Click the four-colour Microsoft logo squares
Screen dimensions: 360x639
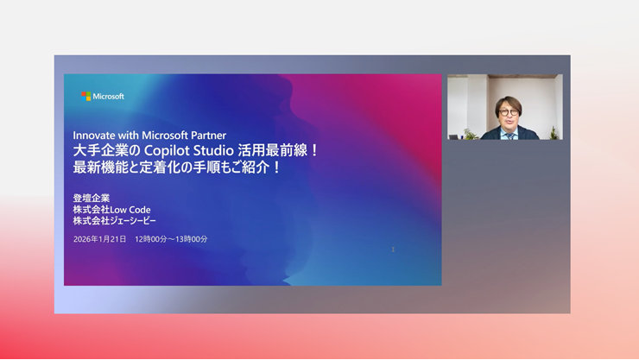point(85,96)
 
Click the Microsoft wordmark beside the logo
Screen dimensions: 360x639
point(108,96)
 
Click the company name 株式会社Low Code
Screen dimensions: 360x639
point(112,209)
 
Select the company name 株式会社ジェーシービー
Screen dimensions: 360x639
point(116,221)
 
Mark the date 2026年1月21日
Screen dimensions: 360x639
point(100,238)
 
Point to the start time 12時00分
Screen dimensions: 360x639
point(150,238)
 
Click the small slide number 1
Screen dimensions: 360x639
point(394,249)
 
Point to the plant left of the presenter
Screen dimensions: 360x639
point(470,134)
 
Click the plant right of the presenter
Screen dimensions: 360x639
point(554,133)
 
